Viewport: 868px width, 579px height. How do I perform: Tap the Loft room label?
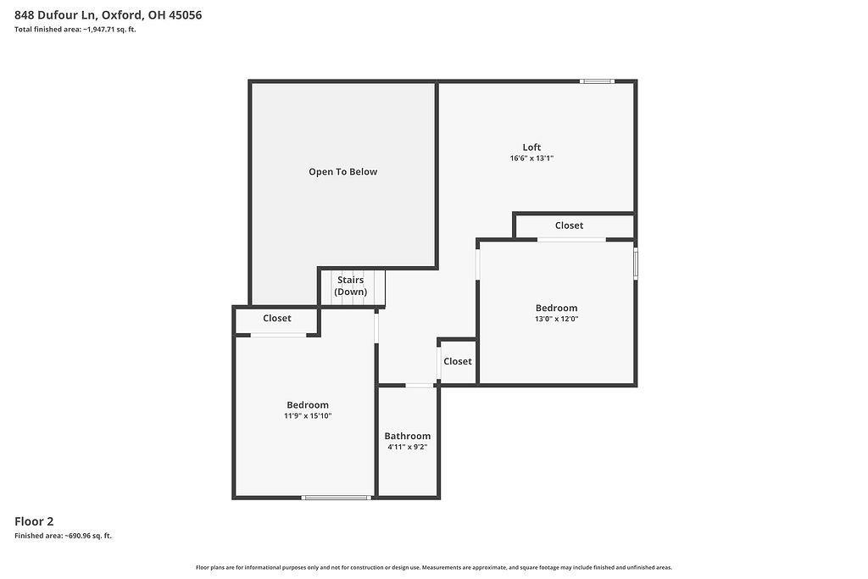coord(531,148)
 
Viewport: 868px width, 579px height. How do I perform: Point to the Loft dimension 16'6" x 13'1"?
coord(531,159)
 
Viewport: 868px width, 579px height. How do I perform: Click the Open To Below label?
coord(342,172)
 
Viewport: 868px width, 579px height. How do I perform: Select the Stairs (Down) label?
coord(350,287)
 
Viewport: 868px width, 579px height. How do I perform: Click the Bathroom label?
coord(408,437)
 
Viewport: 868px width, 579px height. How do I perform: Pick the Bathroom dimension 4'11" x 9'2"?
coord(408,448)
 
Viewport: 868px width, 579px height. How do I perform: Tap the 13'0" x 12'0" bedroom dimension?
coord(556,319)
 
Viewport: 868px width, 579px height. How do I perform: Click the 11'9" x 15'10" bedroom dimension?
coord(308,415)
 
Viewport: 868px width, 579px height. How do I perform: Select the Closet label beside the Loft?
coord(569,225)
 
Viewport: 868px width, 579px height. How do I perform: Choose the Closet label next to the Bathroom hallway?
coord(458,361)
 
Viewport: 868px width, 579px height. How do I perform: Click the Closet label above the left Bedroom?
coord(277,318)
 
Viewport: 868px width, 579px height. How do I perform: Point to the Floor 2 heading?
coord(34,521)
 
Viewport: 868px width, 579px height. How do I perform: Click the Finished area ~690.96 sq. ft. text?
coord(63,536)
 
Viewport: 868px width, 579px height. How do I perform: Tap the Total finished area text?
coord(75,30)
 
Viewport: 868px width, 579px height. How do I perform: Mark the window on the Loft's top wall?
coord(597,81)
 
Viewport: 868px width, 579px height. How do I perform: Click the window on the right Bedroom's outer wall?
coord(636,264)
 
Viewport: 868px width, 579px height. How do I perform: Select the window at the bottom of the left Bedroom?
coord(336,498)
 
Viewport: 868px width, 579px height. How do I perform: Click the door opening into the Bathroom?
coord(420,385)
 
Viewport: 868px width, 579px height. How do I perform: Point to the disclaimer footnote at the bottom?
coord(434,567)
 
